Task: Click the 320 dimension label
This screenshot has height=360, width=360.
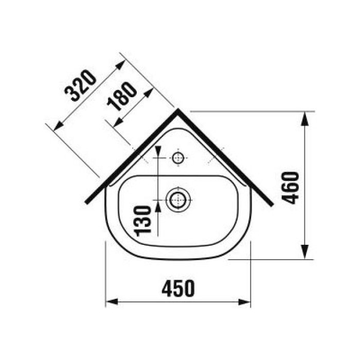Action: click(80, 85)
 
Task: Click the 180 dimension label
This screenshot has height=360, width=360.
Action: click(122, 97)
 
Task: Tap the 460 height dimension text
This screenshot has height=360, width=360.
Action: click(290, 188)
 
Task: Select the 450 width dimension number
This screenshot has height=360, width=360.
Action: click(178, 288)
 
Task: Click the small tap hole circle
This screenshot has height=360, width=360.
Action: click(178, 158)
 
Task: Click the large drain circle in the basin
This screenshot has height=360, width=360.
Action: click(178, 200)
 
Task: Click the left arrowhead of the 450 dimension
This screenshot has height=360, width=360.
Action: click(112, 302)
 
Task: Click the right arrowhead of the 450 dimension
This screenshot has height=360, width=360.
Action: click(244, 302)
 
